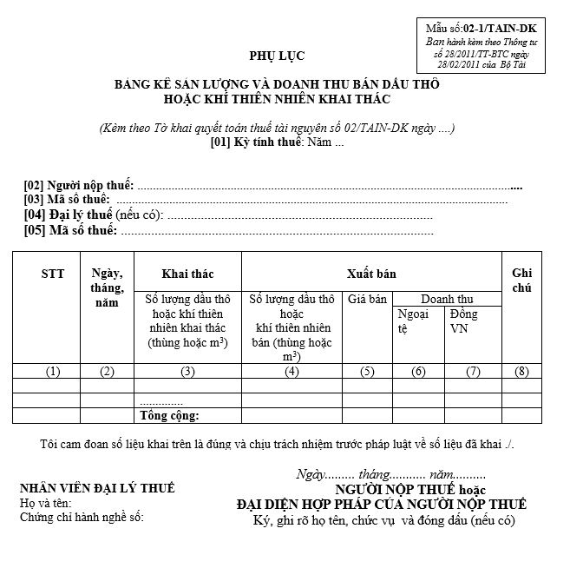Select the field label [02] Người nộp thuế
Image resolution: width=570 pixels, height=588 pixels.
point(79,186)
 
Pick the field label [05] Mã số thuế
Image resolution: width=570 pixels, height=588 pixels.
point(70,230)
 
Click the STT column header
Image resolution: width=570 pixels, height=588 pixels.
point(53,274)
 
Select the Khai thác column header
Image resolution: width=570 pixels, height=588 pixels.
point(187,274)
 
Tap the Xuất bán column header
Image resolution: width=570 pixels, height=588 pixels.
point(370,274)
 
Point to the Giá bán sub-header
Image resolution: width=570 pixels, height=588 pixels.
point(367,300)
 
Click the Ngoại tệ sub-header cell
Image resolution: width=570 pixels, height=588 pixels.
point(412,321)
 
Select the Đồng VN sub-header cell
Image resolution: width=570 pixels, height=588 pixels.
point(463,321)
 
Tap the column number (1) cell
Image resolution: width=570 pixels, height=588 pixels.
point(53,372)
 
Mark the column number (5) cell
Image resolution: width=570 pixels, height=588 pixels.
point(367,372)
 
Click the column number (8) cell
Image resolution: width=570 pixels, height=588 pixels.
point(521,372)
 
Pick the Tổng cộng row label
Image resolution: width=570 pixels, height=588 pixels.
point(170,416)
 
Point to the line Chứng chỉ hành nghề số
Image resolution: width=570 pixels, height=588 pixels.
point(82,518)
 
